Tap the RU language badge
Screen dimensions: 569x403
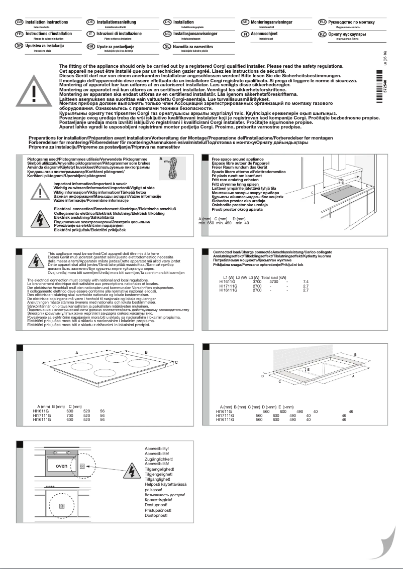[x=323, y=23]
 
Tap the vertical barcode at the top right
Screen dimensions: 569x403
[x=385, y=94]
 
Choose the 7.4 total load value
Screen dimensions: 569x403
[x=305, y=282]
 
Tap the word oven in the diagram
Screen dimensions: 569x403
[x=61, y=466]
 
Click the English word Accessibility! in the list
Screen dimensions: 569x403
[x=157, y=448]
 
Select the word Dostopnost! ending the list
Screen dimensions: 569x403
[x=156, y=515]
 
